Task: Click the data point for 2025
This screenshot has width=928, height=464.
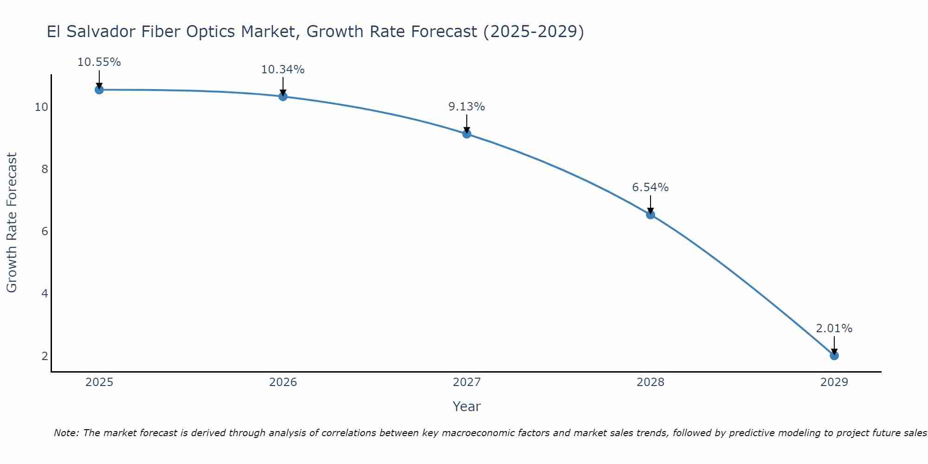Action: pyautogui.click(x=99, y=90)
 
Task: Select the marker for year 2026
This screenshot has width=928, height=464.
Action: pyautogui.click(x=283, y=96)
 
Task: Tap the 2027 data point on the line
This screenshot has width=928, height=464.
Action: pyautogui.click(x=466, y=134)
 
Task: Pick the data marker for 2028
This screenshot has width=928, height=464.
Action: pyautogui.click(x=650, y=214)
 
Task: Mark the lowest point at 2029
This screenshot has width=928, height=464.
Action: pyautogui.click(x=834, y=355)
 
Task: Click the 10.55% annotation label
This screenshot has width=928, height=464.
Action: pyautogui.click(x=99, y=62)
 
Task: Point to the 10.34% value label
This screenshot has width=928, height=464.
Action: pyautogui.click(x=283, y=70)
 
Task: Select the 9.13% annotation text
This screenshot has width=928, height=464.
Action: pyautogui.click(x=466, y=107)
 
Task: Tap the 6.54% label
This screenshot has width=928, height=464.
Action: pyautogui.click(x=650, y=187)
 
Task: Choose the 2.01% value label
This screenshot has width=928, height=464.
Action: pyautogui.click(x=834, y=329)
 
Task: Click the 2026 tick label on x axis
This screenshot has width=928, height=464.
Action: pyautogui.click(x=283, y=382)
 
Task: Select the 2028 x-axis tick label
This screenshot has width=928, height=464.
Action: pyautogui.click(x=651, y=382)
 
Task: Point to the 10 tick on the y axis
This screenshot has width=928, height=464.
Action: pyautogui.click(x=41, y=107)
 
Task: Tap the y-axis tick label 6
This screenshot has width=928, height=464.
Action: pyautogui.click(x=45, y=231)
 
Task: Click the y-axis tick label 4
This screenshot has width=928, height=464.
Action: pyautogui.click(x=45, y=293)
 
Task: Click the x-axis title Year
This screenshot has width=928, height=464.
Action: pyautogui.click(x=466, y=406)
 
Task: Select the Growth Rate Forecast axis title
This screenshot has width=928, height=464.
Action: pyautogui.click(x=12, y=222)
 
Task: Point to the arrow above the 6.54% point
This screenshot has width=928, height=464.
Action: pyautogui.click(x=650, y=204)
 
